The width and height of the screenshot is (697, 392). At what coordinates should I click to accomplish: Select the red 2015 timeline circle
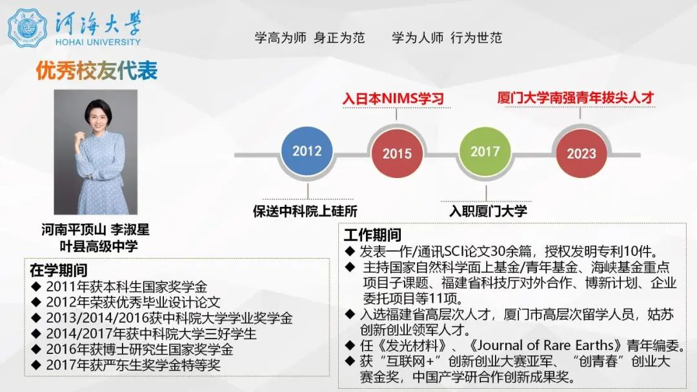396,153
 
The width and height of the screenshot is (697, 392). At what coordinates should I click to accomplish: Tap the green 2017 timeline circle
485,152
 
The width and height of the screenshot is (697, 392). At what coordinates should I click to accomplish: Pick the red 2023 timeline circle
581,153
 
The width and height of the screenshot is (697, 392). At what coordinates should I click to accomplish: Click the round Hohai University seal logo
28,28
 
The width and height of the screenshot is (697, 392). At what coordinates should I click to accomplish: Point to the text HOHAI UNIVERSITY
98,42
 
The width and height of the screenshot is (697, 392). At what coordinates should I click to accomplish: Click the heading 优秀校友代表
97,71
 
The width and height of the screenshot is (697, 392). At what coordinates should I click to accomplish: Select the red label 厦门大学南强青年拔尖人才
576,97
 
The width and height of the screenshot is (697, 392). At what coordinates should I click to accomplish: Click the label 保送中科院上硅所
305,211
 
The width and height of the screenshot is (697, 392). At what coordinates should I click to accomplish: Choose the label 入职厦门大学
488,211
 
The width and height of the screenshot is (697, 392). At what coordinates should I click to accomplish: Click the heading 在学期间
58,270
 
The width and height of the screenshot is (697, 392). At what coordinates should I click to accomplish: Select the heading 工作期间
372,235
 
